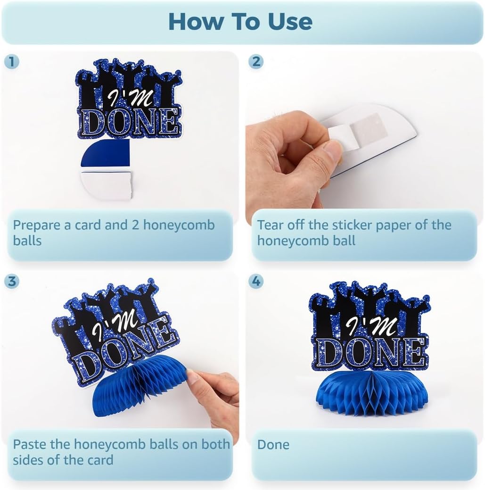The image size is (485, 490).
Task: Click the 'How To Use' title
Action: click(240, 22)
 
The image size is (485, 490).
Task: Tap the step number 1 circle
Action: click(12, 62)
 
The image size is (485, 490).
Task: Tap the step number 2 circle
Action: click(256, 62)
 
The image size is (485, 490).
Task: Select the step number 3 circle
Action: click(12, 281)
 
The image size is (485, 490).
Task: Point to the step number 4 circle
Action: click(256, 281)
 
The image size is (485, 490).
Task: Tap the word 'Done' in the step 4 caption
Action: click(273, 444)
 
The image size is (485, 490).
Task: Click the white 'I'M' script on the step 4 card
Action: click(367, 326)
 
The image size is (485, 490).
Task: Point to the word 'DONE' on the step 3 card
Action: click(123, 353)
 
